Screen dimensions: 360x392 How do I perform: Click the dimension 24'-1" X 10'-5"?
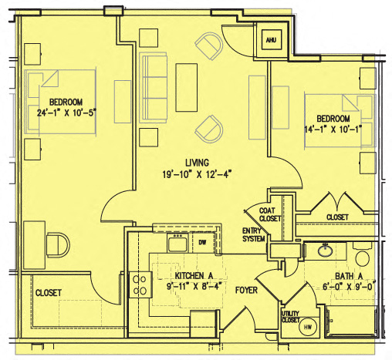(66, 113)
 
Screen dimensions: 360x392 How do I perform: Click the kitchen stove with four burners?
(141, 284)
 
